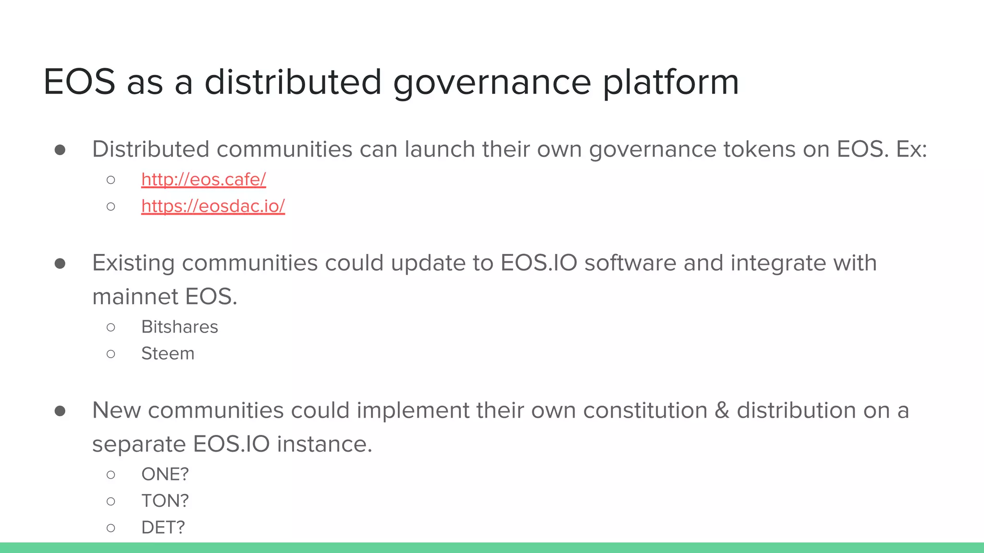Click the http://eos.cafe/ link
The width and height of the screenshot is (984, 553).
[203, 180]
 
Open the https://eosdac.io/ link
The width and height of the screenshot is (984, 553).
[213, 206]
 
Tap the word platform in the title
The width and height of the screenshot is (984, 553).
[670, 83]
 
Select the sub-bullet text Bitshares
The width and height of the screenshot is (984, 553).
[180, 327]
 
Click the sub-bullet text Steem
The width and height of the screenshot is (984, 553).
[168, 354]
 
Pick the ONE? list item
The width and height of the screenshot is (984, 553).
[165, 474]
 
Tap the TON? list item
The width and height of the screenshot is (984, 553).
[165, 501]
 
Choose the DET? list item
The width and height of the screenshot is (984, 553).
[163, 528]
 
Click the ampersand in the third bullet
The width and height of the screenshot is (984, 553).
[722, 411]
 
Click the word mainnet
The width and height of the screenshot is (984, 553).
[135, 297]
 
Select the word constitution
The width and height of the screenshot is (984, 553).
[645, 411]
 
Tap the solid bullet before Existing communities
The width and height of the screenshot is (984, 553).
[60, 264]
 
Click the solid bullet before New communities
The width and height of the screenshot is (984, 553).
[60, 411]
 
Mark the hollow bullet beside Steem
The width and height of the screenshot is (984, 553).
[111, 354]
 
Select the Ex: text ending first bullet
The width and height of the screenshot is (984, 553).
[911, 149]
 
